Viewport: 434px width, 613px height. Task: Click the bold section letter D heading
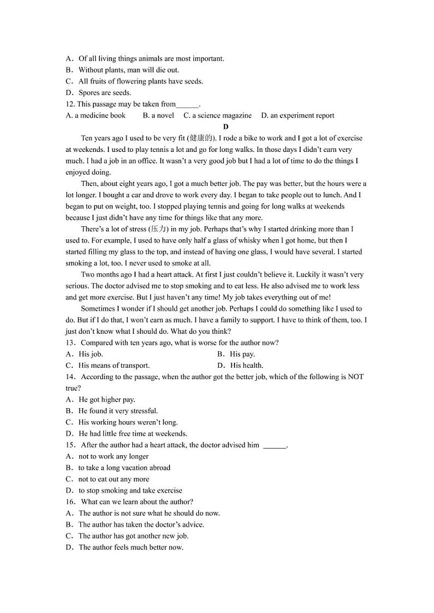click(x=226, y=127)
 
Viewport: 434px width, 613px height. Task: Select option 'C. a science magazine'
click(x=218, y=115)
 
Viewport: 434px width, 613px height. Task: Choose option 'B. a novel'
click(x=159, y=115)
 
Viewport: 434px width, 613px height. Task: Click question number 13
click(x=70, y=343)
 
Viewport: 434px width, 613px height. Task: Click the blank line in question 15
click(x=274, y=445)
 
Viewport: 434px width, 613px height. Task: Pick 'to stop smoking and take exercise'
click(x=130, y=491)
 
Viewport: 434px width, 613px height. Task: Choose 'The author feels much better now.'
click(x=131, y=547)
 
